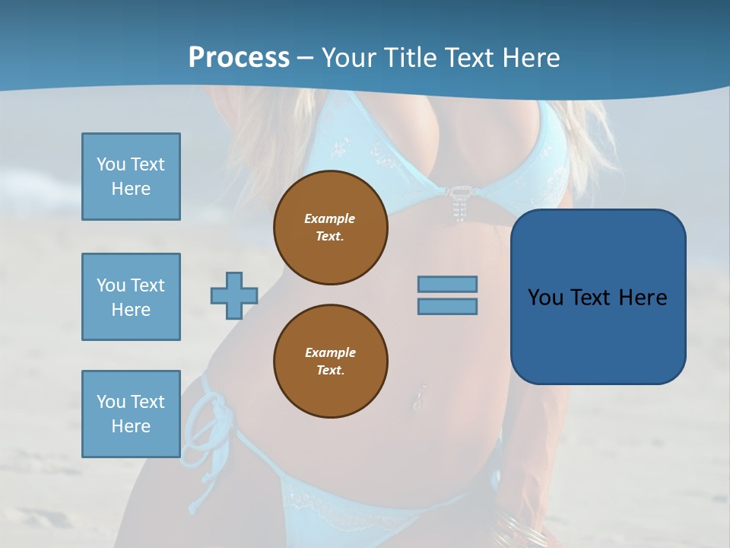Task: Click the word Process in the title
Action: (x=239, y=58)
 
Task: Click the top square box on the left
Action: (x=131, y=177)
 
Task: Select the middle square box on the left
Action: (x=131, y=297)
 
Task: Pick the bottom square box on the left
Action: (x=131, y=414)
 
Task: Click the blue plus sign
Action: (x=234, y=295)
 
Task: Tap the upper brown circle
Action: (x=331, y=228)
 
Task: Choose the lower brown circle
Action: (x=331, y=362)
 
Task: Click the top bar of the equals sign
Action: (x=447, y=284)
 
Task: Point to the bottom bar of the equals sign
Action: (x=447, y=306)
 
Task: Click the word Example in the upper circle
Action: (x=329, y=218)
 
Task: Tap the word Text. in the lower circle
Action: (x=330, y=371)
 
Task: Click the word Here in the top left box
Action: (x=131, y=189)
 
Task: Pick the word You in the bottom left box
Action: (x=110, y=402)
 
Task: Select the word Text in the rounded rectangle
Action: (x=592, y=298)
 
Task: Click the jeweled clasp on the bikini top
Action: (x=458, y=202)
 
